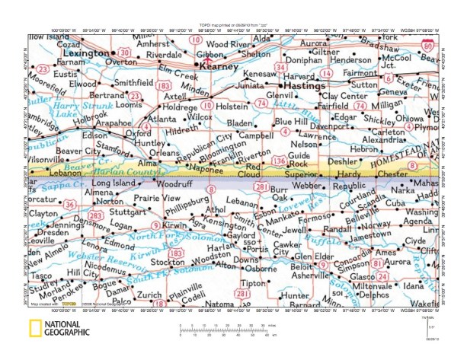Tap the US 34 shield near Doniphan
pos(282,67)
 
